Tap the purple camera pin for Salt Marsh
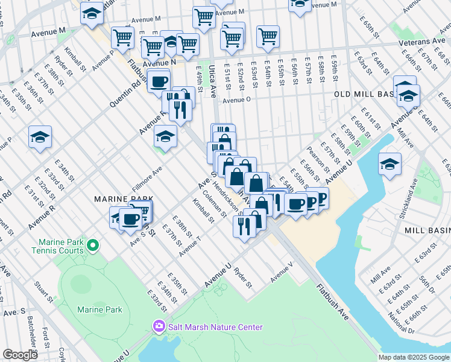coord(159,327)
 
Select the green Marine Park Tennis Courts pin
coord(92,245)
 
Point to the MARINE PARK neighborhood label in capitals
coord(123,198)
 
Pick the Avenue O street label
coord(236,101)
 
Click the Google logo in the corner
coord(20,355)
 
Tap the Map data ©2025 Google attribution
coord(414,357)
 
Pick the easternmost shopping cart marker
coord(268,37)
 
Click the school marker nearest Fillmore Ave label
coord(165,136)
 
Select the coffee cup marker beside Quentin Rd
coord(159,81)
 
